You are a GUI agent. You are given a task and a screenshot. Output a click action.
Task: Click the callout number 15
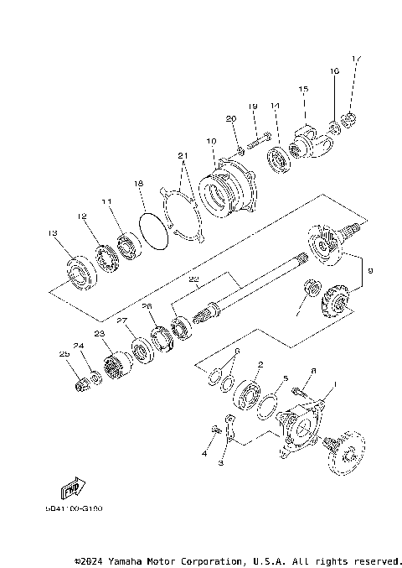(x=303, y=89)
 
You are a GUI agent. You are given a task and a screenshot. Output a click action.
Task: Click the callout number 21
(x=183, y=156)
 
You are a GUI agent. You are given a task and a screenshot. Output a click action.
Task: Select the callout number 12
(x=82, y=216)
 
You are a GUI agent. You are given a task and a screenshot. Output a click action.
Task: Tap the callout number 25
(x=63, y=355)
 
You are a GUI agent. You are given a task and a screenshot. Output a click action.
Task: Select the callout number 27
(x=121, y=320)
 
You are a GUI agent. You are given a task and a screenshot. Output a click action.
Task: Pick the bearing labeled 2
(x=245, y=395)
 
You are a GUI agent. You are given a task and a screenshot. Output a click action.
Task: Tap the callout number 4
(x=203, y=454)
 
